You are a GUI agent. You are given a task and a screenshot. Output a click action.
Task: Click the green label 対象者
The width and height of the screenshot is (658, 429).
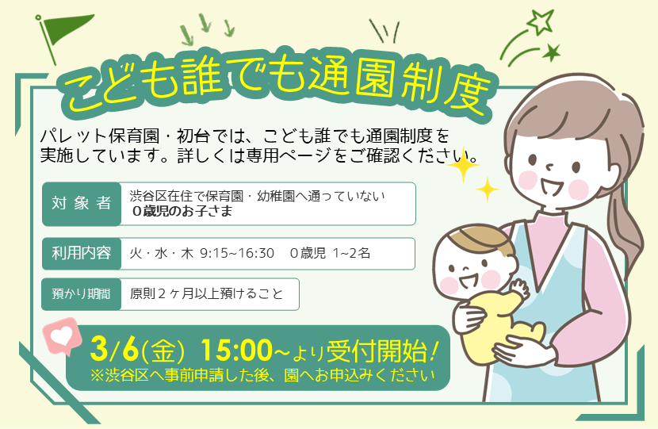80,203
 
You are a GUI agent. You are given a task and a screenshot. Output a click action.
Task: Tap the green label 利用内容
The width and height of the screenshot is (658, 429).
80,253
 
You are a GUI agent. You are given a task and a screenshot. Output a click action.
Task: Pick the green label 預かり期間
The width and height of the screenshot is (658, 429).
80,293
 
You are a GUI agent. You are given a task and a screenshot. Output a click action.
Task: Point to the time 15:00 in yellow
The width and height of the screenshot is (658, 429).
235,348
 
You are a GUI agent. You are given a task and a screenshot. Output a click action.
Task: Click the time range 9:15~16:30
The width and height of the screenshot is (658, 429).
238,253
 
